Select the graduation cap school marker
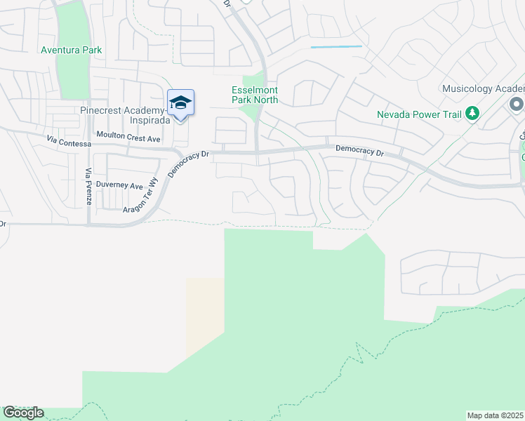coord(180,103)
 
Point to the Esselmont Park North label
coord(255,95)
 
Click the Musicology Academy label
coord(483,89)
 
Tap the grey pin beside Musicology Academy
coord(517,105)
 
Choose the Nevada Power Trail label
coord(420,114)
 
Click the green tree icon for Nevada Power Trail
coord(473,113)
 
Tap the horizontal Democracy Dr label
coord(359,149)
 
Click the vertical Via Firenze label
coord(88,187)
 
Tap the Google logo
coord(23,413)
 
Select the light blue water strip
coord(336,47)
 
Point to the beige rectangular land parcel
coord(205,316)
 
